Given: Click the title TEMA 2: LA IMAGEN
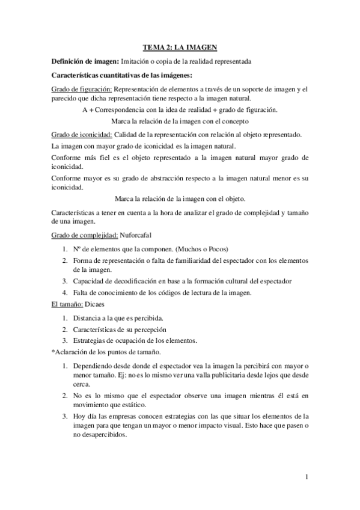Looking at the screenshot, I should (180, 46).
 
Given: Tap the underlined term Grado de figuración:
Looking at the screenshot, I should (81, 89).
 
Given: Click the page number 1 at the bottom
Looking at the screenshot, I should (307, 478).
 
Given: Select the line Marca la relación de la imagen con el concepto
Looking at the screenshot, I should (180, 120).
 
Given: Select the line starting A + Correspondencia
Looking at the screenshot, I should (180, 109).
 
